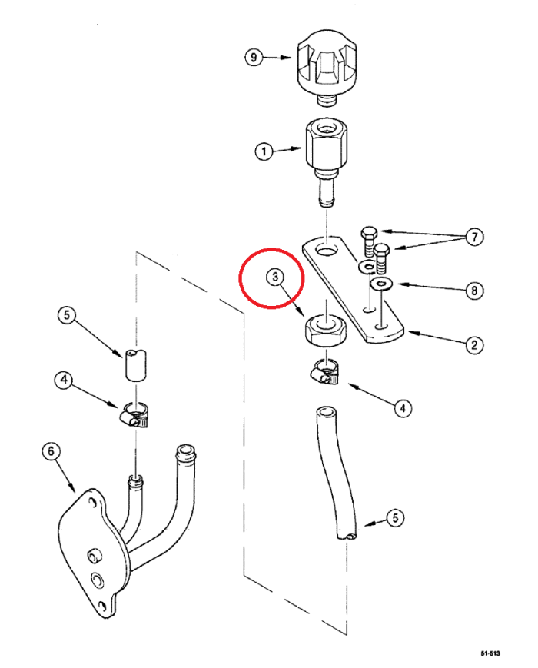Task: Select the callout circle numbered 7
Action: point(477,238)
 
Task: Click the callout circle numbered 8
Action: point(477,291)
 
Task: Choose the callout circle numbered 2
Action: point(477,345)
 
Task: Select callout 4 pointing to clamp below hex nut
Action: point(401,408)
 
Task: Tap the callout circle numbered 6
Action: point(51,451)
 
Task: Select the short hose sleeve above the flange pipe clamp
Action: point(135,364)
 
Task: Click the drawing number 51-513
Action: point(490,653)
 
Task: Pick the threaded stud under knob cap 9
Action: point(328,98)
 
